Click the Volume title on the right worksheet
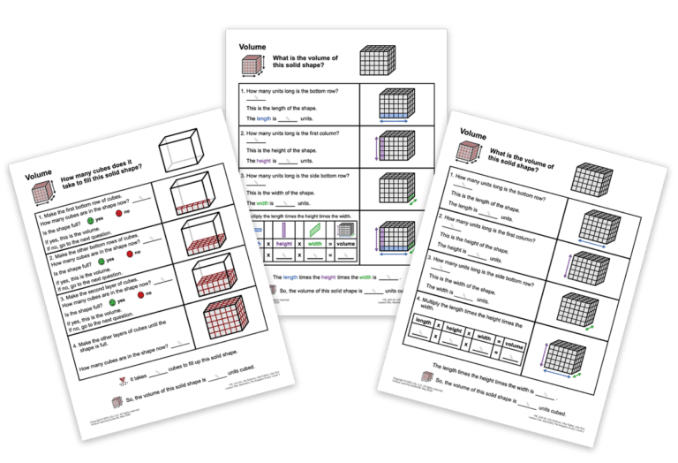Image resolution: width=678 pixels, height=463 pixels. point(473,137)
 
